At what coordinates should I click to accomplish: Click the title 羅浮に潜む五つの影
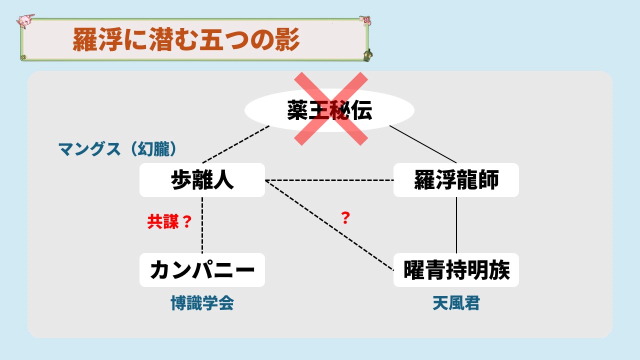click(186, 39)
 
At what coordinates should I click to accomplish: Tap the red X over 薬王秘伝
click(331, 109)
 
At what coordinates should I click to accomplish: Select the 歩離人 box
click(202, 180)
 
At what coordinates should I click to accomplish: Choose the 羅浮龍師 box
click(456, 180)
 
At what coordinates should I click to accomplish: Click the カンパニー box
click(202, 270)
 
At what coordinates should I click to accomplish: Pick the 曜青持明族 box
click(456, 270)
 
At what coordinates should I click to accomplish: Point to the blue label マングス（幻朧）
click(118, 149)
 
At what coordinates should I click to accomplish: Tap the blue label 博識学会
click(202, 303)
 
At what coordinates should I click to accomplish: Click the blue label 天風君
click(456, 303)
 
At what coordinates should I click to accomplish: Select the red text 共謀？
click(169, 221)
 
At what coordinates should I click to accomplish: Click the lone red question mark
click(345, 218)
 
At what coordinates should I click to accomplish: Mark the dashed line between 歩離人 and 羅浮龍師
click(329, 180)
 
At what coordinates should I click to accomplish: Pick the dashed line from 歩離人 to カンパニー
click(202, 225)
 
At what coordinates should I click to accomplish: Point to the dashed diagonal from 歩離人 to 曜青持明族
click(329, 225)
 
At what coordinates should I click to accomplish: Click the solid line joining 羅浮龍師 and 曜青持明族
click(456, 225)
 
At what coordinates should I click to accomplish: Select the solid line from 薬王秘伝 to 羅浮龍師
click(423, 144)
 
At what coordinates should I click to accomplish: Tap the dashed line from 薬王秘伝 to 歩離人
click(236, 144)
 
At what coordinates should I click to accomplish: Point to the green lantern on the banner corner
click(368, 55)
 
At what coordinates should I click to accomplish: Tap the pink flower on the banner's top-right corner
click(365, 20)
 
